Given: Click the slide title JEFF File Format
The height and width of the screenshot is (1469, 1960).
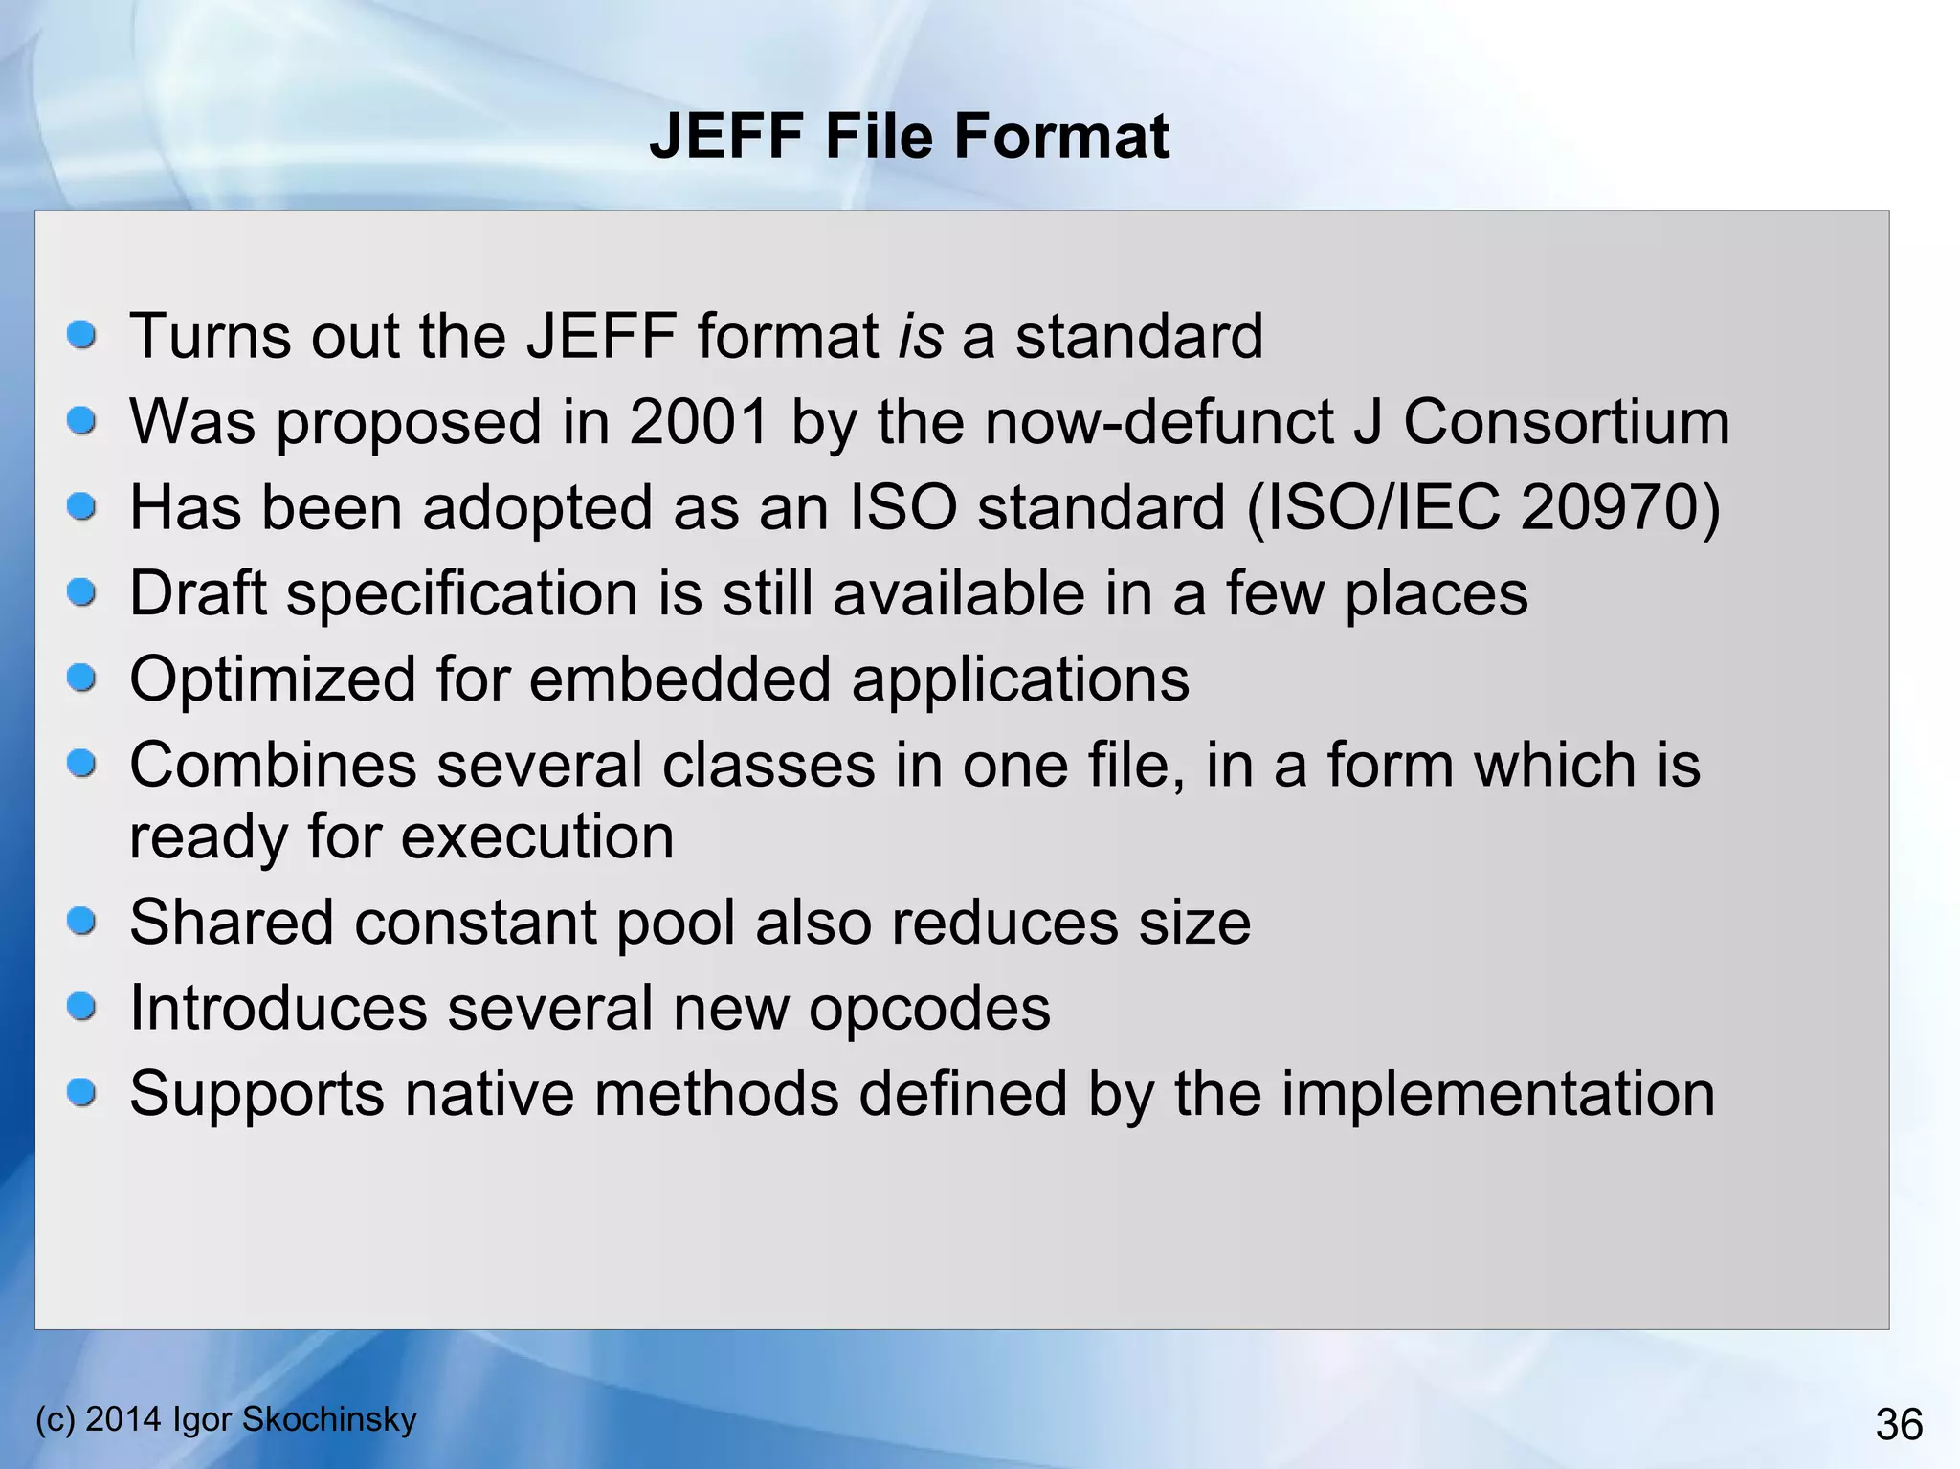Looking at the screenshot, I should coord(908,136).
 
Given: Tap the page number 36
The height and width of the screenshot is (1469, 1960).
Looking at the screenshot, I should coord(1899,1424).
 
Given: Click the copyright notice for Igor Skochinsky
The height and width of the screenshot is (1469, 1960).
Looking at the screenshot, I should coord(226,1418).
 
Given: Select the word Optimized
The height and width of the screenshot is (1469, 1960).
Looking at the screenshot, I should coord(273,679).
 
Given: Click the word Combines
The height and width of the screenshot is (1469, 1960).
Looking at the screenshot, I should coord(273,765).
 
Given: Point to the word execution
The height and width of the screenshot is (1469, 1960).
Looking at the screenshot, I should coord(538,836).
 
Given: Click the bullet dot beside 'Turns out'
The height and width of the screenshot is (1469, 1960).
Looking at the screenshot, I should coord(82,335).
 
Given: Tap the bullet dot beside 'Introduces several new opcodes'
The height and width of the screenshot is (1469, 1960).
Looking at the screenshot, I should coord(82,1006).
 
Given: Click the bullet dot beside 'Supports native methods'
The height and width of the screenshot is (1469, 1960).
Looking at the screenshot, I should coord(82,1092).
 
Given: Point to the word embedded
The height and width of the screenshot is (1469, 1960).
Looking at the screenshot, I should coord(679,679).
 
